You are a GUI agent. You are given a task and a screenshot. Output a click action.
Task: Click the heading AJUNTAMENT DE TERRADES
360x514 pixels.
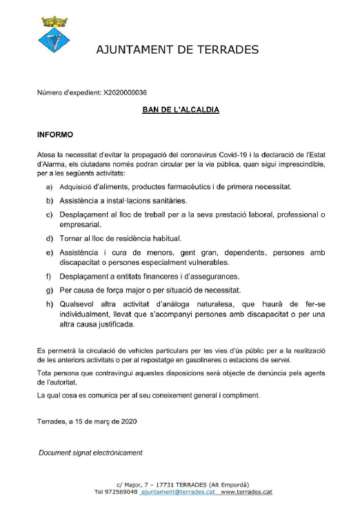click(178, 50)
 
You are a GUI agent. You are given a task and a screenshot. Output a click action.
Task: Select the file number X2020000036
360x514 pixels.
click(125, 92)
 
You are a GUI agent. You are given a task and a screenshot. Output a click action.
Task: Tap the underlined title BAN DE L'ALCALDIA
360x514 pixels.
click(180, 110)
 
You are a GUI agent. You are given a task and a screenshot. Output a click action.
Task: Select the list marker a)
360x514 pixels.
click(50, 187)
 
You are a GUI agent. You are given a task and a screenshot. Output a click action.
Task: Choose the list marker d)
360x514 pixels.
click(50, 238)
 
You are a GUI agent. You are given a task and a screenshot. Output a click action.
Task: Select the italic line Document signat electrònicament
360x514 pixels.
click(90, 453)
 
